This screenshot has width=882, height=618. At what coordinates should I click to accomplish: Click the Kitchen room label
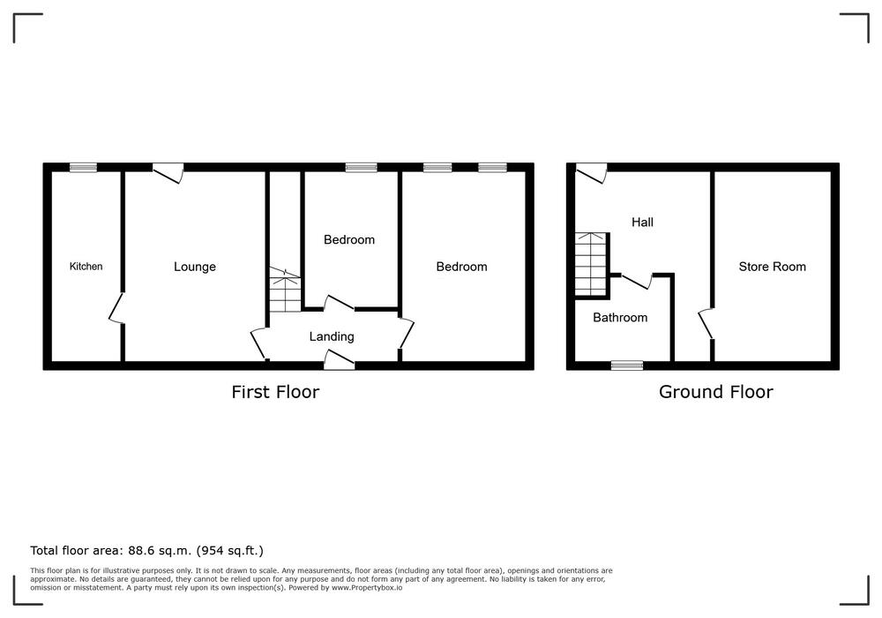click(86, 267)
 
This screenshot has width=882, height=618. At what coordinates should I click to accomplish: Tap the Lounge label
click(195, 267)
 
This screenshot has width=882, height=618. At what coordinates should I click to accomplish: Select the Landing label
click(332, 336)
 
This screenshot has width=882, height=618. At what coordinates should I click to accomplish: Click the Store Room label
click(772, 267)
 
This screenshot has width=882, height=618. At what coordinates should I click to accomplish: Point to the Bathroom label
click(620, 318)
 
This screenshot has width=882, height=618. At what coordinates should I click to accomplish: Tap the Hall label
click(642, 222)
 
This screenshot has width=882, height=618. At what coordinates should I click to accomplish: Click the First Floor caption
click(275, 392)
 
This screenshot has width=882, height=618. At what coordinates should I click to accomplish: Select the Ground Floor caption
click(715, 392)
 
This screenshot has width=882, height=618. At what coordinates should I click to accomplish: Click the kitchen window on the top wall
click(83, 167)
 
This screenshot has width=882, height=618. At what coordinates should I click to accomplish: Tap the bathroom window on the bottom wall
click(627, 366)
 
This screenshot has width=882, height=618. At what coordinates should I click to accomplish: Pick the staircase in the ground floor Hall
click(591, 263)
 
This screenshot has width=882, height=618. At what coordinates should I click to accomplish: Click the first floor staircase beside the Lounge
click(285, 290)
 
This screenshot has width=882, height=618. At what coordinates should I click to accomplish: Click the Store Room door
click(706, 324)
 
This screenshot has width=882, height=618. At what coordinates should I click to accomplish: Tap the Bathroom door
click(637, 281)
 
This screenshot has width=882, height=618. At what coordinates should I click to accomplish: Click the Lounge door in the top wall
click(168, 173)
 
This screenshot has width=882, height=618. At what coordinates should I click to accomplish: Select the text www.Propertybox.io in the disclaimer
click(367, 588)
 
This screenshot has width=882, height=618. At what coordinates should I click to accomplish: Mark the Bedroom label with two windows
click(462, 267)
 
